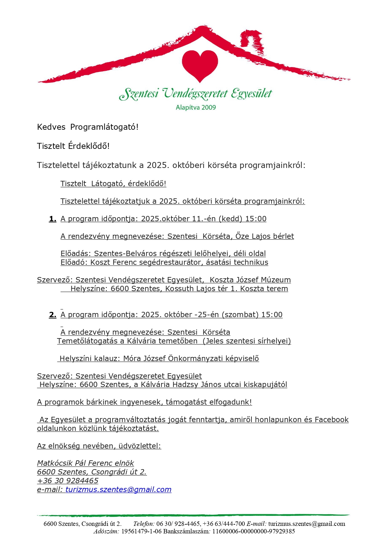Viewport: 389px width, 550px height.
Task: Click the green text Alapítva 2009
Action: [196, 107]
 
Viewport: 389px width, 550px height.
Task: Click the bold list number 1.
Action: [53, 219]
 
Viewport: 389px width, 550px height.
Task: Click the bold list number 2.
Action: [53, 315]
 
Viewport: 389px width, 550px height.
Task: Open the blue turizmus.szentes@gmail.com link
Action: [118, 490]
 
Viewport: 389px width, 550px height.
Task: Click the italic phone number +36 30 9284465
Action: [68, 481]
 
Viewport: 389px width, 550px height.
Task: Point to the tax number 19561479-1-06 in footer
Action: [141, 531]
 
